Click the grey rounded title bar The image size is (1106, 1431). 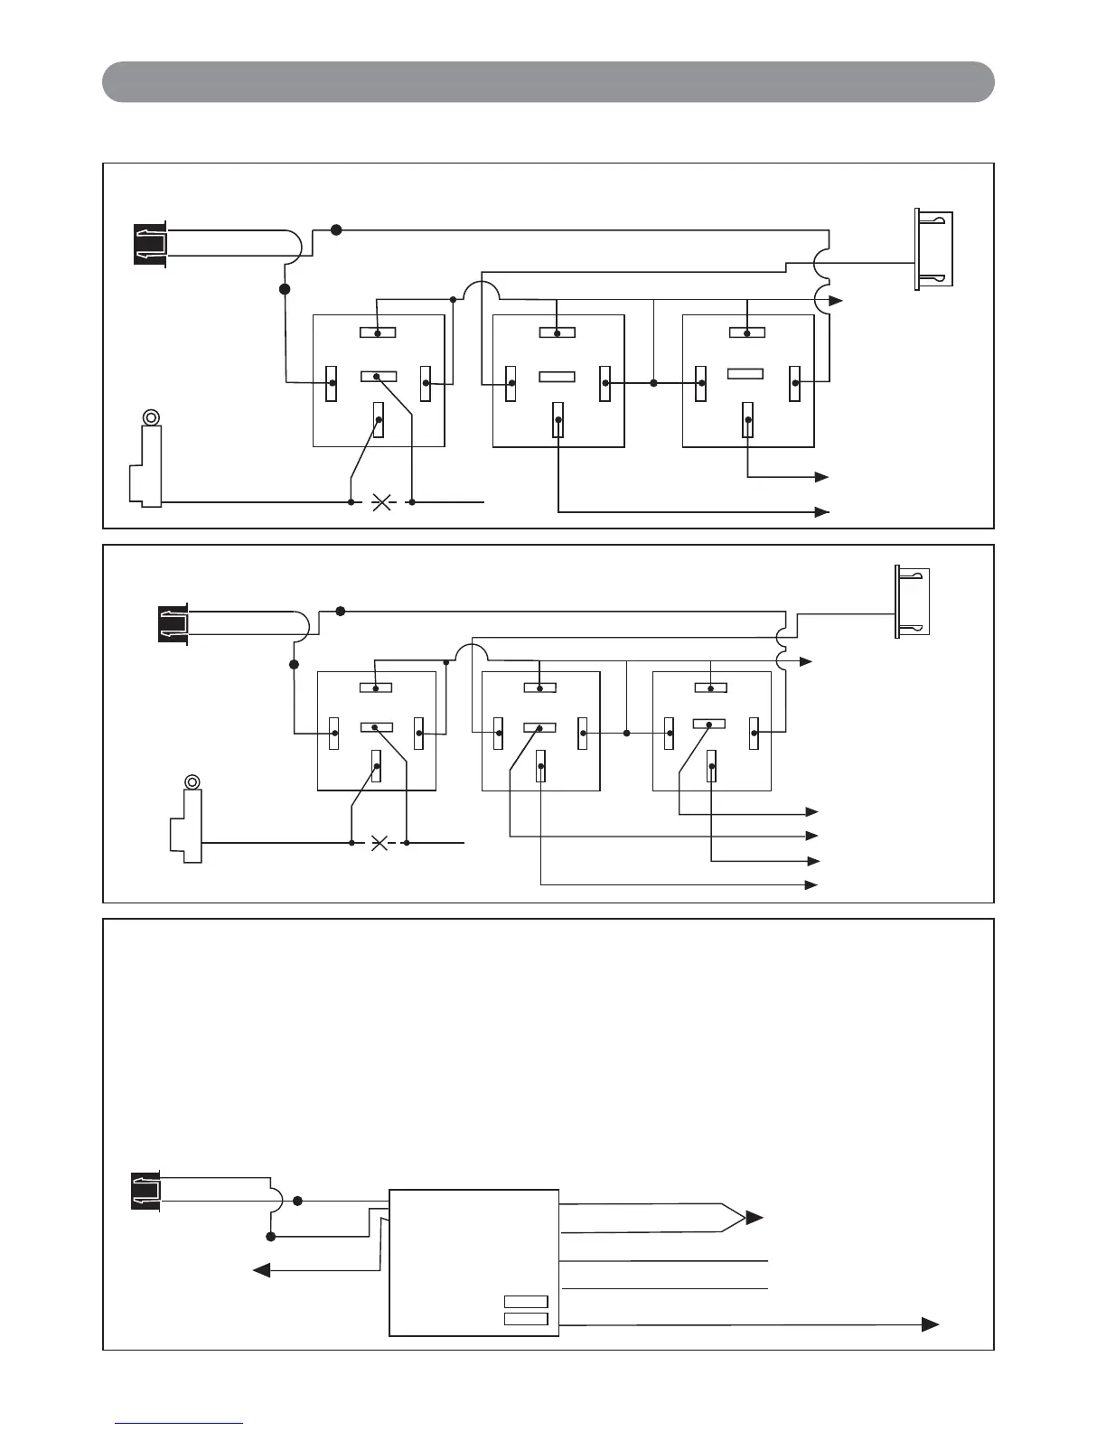[x=548, y=81]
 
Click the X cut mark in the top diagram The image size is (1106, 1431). [x=381, y=501]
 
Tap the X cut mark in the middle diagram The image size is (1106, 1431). [x=380, y=844]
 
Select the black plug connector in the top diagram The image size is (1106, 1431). [x=149, y=244]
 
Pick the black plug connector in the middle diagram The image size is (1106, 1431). [x=173, y=624]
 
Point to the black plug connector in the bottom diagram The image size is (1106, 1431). [x=146, y=1192]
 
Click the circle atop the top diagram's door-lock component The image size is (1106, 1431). [x=152, y=417]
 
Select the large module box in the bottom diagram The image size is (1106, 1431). [x=473, y=1262]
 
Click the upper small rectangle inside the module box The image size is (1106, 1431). [x=526, y=1302]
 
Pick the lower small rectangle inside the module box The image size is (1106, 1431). [x=526, y=1319]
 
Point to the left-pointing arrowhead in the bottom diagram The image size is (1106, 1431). [x=261, y=1269]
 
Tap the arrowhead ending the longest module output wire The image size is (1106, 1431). [x=930, y=1324]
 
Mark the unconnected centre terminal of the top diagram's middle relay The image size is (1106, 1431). [x=558, y=376]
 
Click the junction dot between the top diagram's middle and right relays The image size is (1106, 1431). [x=652, y=383]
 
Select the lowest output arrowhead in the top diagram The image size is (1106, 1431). [x=822, y=512]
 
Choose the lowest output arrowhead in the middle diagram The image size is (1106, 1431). [x=812, y=884]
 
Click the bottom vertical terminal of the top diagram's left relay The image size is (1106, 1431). [x=380, y=421]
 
